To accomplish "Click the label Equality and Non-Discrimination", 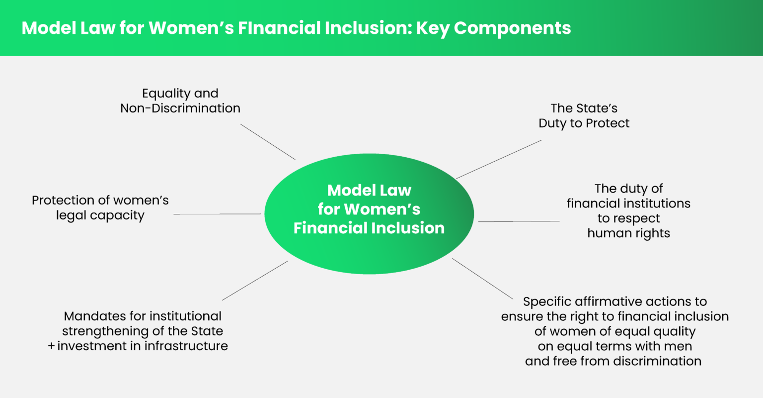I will (x=180, y=101).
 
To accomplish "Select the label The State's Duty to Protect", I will (x=584, y=116).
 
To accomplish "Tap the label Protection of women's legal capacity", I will (x=100, y=208).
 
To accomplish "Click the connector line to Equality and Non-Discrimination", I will (x=268, y=142).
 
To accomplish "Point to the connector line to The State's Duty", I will (x=499, y=159).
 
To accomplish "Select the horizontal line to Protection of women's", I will (x=217, y=214).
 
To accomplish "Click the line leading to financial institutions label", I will (x=519, y=221).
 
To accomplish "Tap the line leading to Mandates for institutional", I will (x=255, y=281).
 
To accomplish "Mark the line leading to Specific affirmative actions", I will (x=482, y=278).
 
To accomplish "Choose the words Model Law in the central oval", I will (x=369, y=190).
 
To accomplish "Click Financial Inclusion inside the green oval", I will (x=369, y=228).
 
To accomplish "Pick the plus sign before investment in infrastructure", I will (x=51, y=346).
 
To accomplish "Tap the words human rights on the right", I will (x=628, y=233).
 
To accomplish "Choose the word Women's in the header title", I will (x=191, y=28).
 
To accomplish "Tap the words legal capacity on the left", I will (x=100, y=216).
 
